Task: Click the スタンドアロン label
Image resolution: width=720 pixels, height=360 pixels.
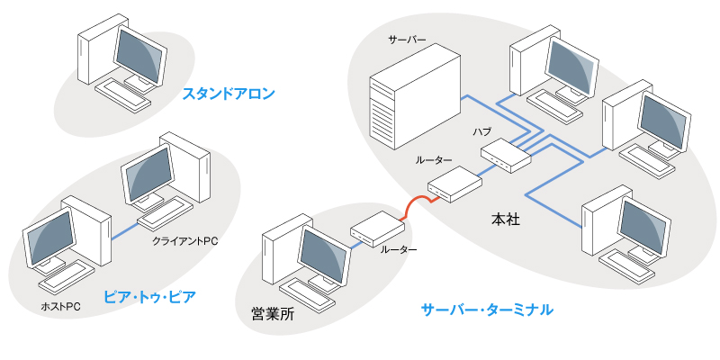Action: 228,93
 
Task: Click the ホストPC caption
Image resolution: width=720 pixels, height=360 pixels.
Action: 61,307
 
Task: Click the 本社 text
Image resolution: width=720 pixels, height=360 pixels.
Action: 507,218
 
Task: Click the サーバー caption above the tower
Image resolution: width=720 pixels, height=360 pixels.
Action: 407,41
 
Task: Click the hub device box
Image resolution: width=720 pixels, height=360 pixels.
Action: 506,156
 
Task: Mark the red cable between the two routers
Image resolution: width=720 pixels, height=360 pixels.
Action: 416,204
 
